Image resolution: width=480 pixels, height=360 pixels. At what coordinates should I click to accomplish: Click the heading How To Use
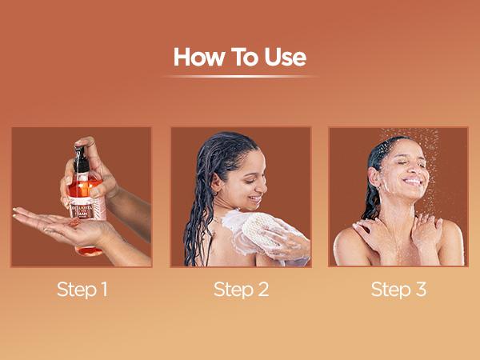pyautogui.click(x=239, y=58)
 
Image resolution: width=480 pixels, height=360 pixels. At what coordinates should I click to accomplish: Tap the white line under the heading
pyautogui.click(x=239, y=77)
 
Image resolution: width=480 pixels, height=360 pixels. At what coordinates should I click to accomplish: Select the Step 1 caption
pyautogui.click(x=82, y=289)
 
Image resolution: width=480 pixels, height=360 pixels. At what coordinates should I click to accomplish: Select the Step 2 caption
pyautogui.click(x=240, y=289)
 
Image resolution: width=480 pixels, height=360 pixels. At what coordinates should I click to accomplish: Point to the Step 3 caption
pyautogui.click(x=398, y=289)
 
